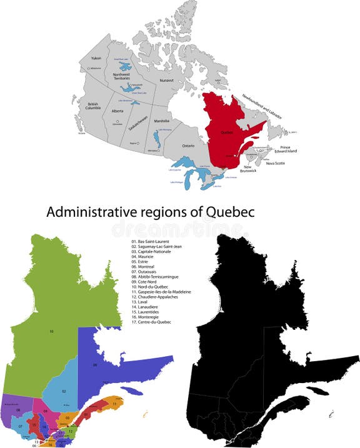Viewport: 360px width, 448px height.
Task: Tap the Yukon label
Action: pos(96,57)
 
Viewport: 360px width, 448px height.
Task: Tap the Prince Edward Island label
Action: pos(281,151)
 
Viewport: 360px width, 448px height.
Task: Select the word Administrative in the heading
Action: pos(91,213)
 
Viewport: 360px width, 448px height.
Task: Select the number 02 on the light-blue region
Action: pos(64,391)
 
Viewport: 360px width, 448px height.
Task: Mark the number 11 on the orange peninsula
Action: pos(114,404)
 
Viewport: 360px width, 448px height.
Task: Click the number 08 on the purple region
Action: pos(18,409)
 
